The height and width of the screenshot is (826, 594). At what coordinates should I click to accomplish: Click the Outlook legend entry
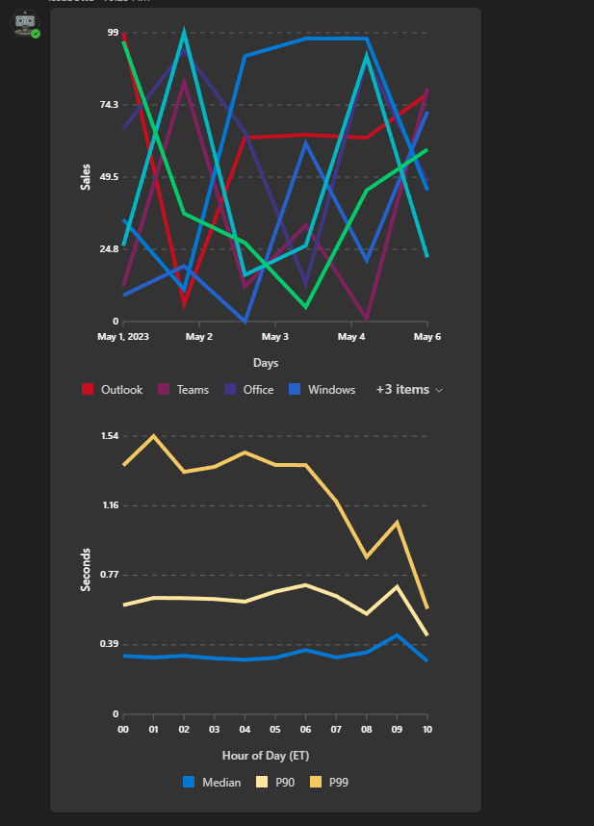click(113, 390)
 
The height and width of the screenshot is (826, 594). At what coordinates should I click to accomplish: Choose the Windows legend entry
click(322, 390)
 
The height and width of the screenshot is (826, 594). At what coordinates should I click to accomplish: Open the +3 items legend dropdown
click(409, 390)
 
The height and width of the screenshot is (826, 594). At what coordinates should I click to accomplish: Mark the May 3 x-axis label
click(274, 337)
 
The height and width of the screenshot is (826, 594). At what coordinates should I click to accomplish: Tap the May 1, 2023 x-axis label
click(123, 337)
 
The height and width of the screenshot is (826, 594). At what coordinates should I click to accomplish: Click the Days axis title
click(266, 363)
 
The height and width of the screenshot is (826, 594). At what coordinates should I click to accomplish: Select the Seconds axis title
click(86, 569)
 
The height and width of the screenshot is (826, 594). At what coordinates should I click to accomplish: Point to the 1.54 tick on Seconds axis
click(109, 436)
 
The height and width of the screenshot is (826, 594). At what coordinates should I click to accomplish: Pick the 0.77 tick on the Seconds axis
click(109, 575)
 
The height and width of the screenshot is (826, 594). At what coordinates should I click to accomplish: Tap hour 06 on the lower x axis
click(305, 730)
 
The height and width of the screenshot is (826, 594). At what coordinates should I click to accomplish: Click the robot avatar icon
click(25, 23)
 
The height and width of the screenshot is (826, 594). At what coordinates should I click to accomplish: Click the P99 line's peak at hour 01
click(154, 435)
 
